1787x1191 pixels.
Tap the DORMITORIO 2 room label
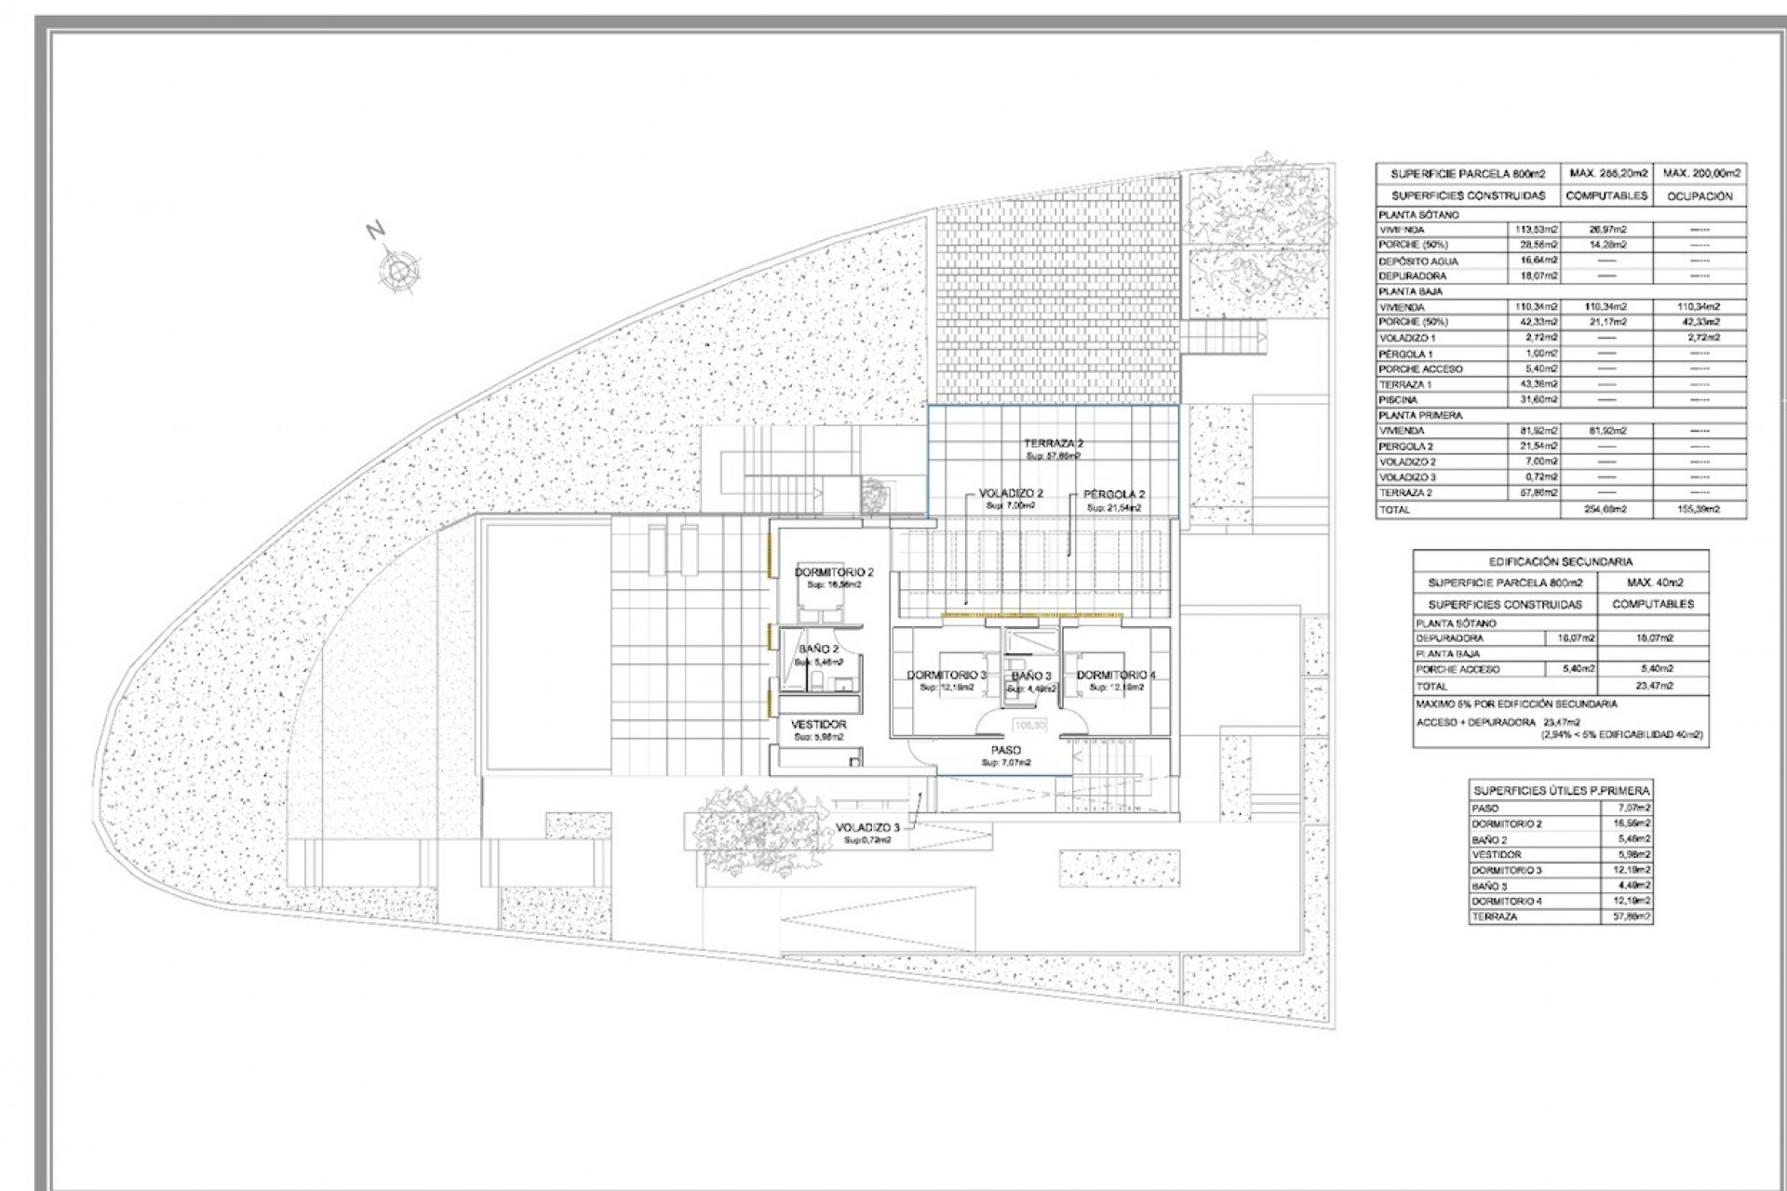[834, 572]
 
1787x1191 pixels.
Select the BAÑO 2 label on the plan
[819, 649]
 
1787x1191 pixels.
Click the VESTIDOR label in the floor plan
[819, 724]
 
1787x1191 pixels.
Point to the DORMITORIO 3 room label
[947, 675]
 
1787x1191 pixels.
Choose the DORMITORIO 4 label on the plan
[1116, 675]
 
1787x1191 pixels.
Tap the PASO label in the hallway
[1006, 750]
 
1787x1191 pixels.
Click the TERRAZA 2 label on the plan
[1054, 444]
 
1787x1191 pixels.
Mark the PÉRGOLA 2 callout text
[1113, 495]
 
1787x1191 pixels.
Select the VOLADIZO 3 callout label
[867, 827]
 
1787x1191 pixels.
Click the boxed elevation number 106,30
[1029, 724]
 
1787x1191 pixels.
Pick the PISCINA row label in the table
[1399, 399]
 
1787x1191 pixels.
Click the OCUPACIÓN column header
[1700, 196]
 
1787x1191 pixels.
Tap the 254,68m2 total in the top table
[1606, 510]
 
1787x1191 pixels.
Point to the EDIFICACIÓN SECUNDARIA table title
[1561, 561]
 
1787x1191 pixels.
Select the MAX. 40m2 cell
[1653, 582]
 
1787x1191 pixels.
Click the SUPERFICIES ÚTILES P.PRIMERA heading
[1561, 790]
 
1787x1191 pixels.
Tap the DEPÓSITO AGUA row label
[1418, 261]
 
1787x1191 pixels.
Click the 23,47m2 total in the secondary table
[1653, 686]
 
